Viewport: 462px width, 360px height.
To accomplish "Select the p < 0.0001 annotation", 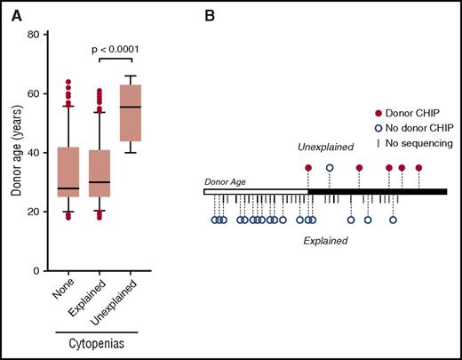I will pyautogui.click(x=115, y=49).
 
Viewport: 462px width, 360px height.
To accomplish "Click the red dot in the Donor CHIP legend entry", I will pyautogui.click(x=378, y=115).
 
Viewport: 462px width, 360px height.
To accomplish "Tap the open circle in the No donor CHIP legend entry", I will pyautogui.click(x=378, y=128).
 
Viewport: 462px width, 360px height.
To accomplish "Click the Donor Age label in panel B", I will pyautogui.click(x=224, y=180).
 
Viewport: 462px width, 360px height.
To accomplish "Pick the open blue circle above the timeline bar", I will pyautogui.click(x=330, y=167).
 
